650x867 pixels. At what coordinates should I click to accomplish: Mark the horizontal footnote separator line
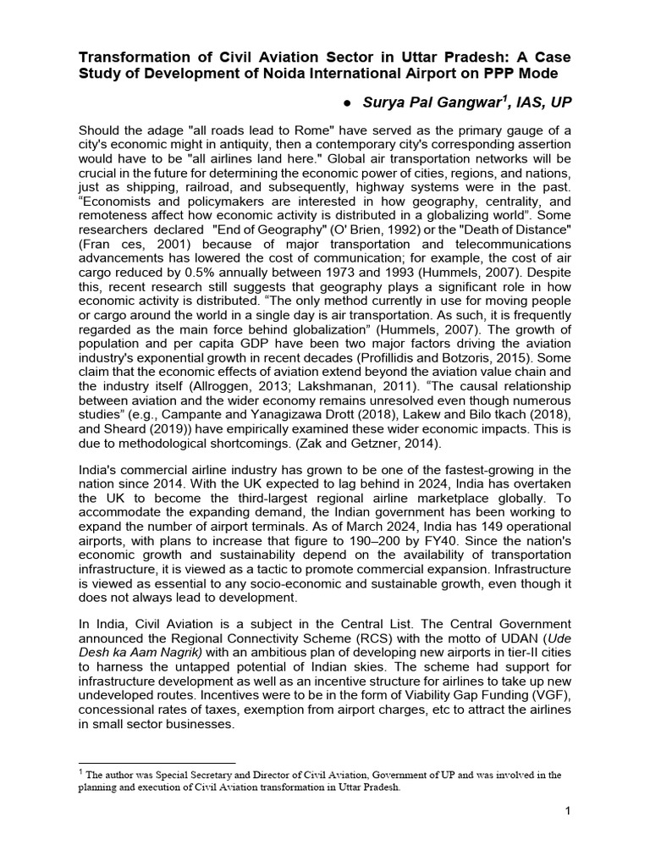[157, 763]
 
